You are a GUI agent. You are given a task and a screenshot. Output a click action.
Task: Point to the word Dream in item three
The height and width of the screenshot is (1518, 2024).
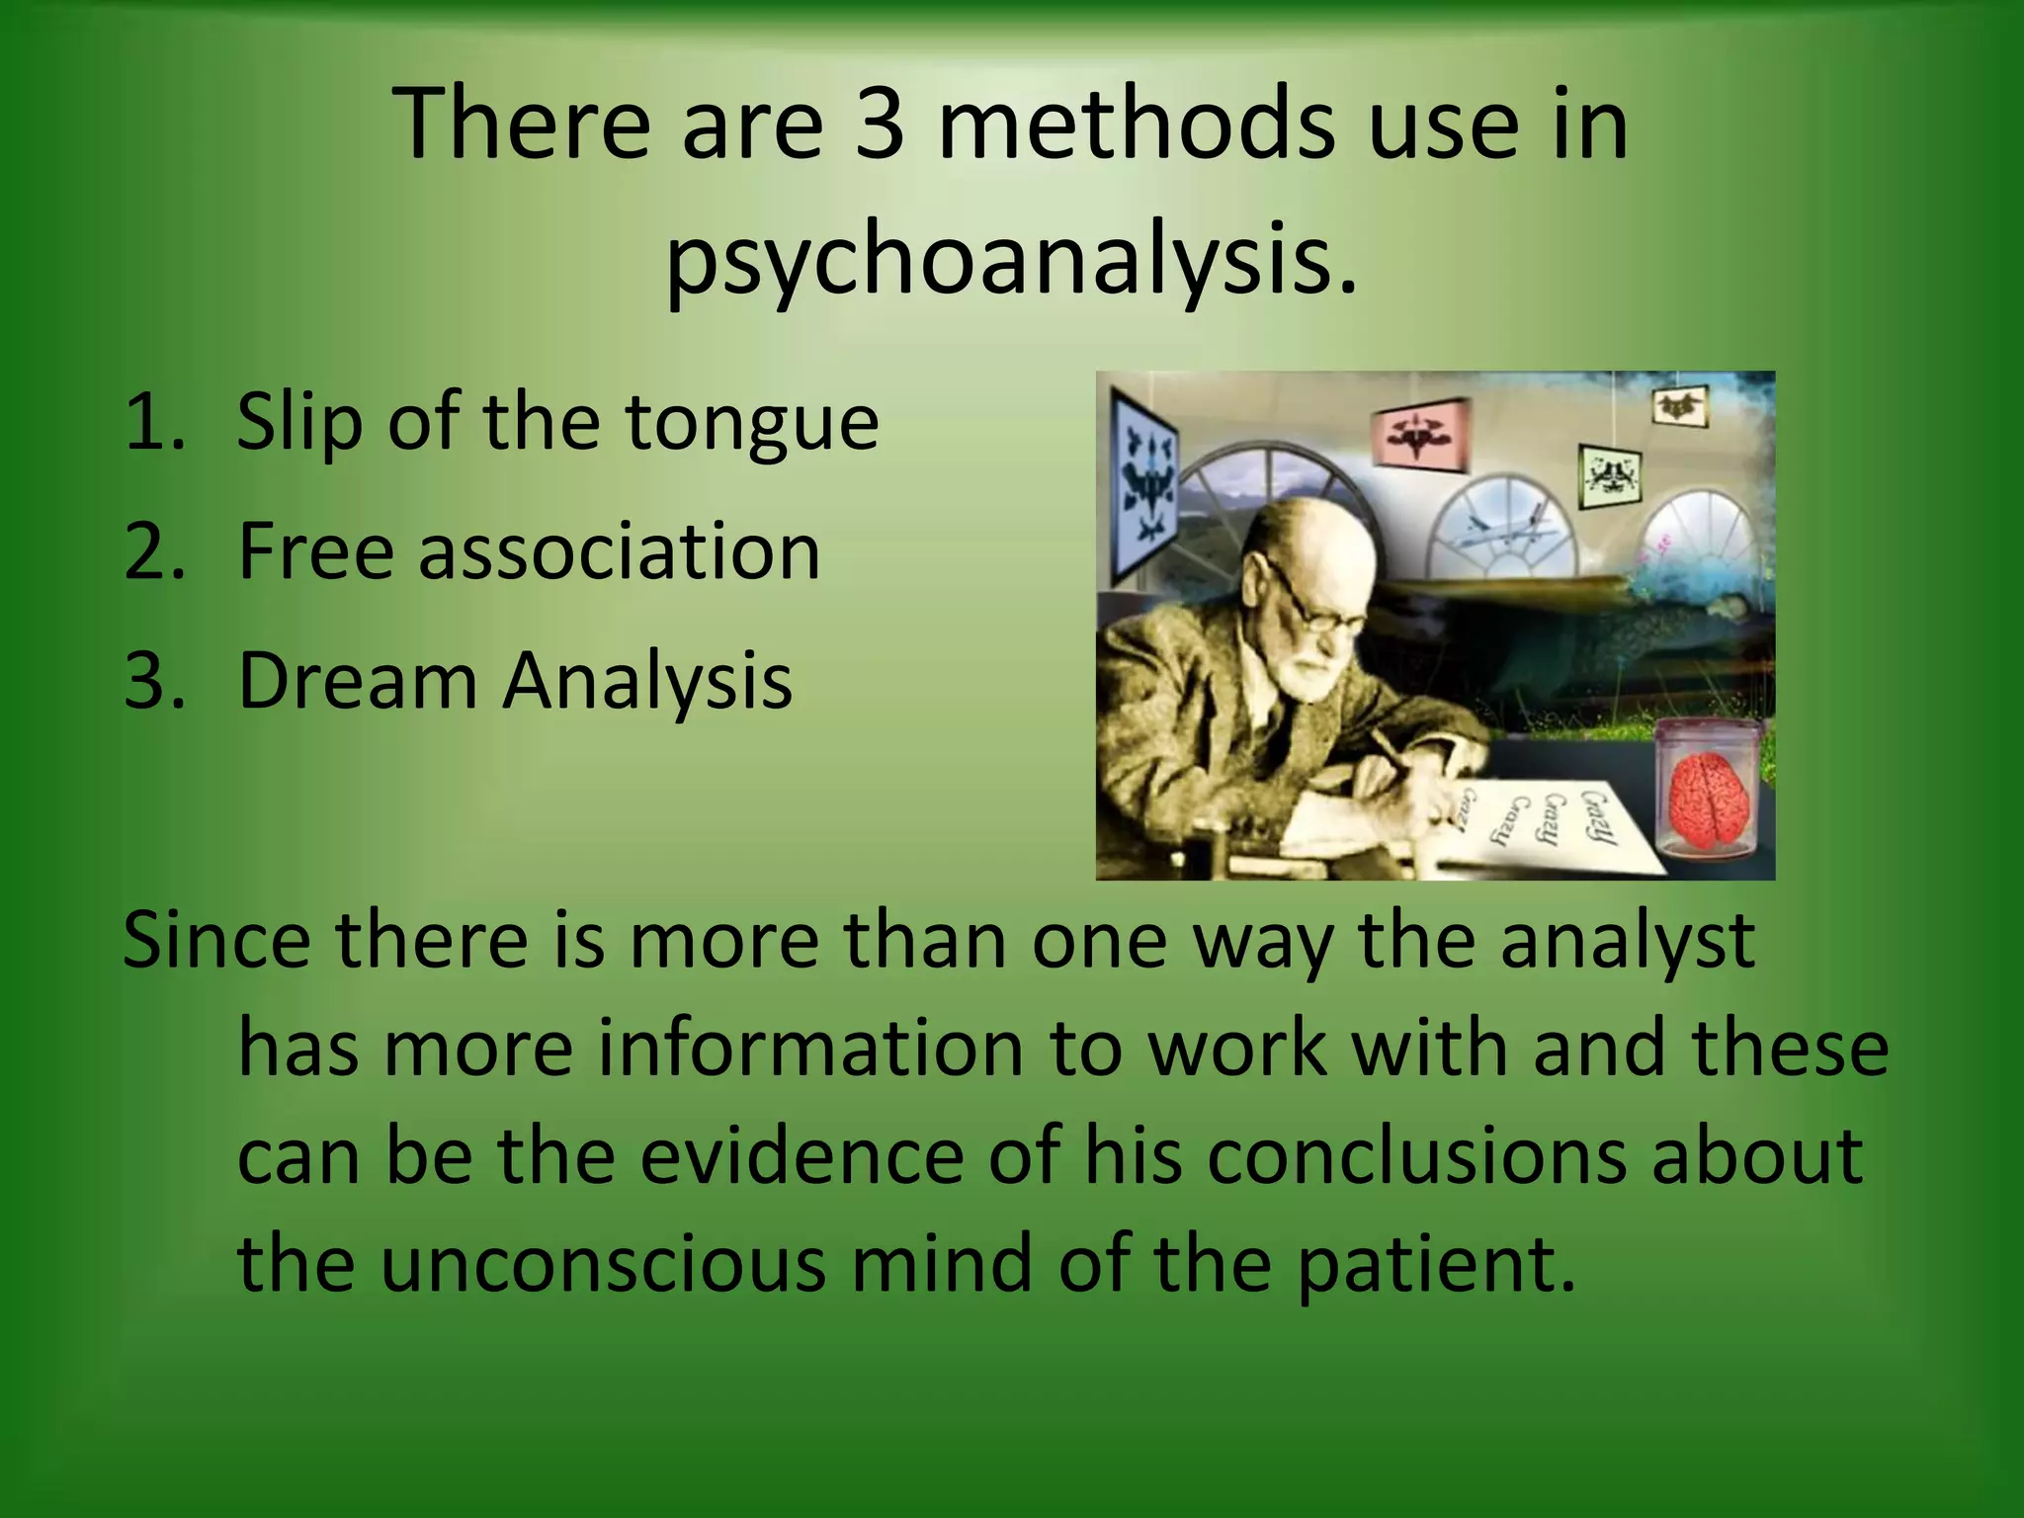358,681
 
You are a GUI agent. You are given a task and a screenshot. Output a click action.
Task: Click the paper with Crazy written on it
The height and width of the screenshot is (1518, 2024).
1542,829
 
